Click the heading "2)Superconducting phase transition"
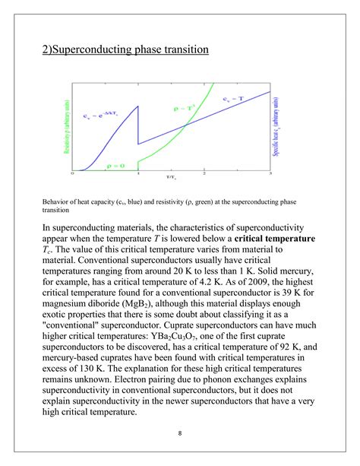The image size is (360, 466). click(125, 49)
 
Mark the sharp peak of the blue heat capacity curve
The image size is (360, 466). click(137, 106)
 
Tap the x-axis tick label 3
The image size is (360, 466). click(270, 174)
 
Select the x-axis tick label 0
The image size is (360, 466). click(72, 174)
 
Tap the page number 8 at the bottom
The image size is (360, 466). click(179, 434)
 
